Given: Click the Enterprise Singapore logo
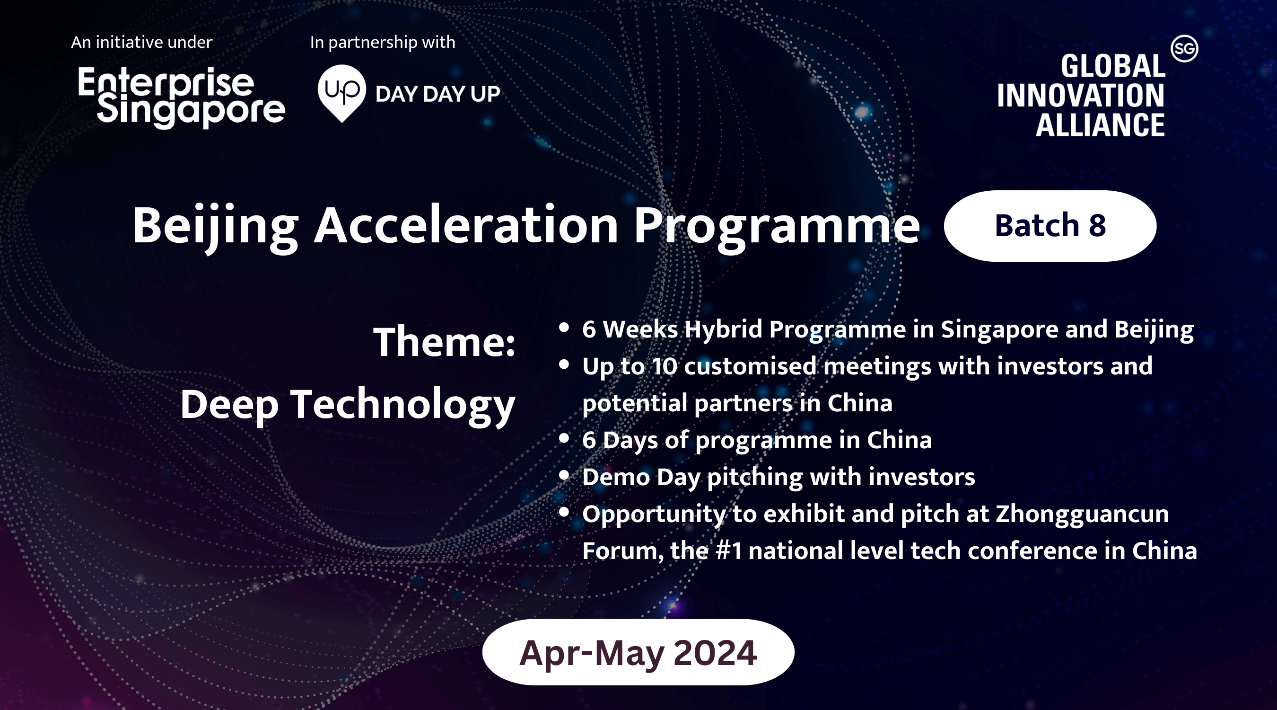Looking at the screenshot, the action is coord(182,97).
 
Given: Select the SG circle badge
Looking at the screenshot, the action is coord(1184,49).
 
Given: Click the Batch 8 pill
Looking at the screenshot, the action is coord(1050,226).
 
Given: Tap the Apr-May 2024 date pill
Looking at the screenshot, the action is coord(638,652).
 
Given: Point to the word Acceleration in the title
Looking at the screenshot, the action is coord(466,225).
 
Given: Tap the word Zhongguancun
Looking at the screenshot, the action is coord(1082,515).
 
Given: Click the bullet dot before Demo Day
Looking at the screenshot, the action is coord(564,476).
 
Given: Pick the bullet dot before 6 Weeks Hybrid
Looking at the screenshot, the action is coord(564,328).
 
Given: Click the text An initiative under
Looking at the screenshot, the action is coord(141,42).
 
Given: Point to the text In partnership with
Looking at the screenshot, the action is coord(383,43).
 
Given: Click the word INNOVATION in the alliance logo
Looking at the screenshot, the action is coord(1081,95).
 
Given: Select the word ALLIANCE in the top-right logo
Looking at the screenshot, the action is coord(1100,124).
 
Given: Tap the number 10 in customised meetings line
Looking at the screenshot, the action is coord(665,367).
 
